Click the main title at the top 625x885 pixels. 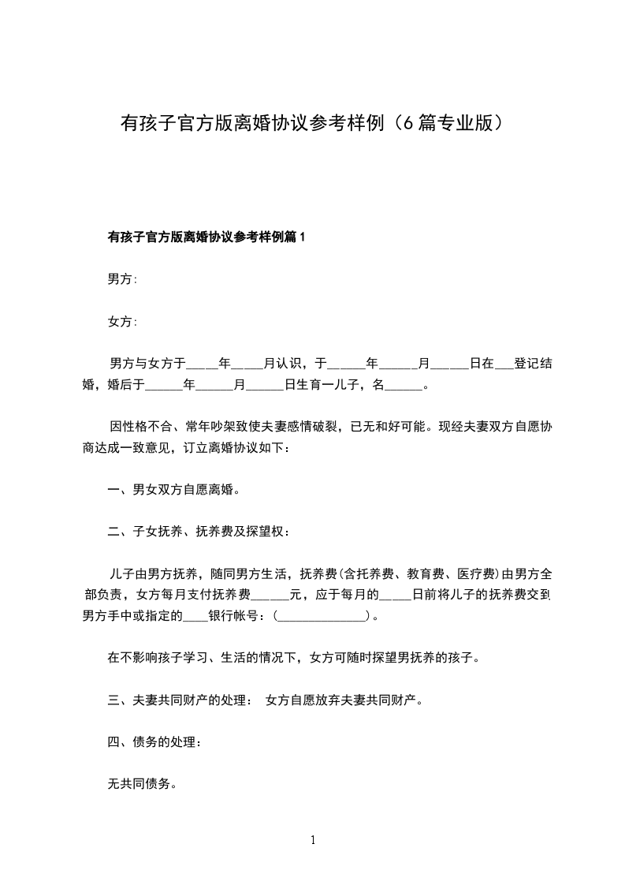pyautogui.click(x=312, y=123)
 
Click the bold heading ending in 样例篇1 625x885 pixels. pyautogui.click(x=205, y=237)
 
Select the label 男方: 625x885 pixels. pyautogui.click(x=122, y=279)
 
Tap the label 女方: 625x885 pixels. pyautogui.click(x=122, y=322)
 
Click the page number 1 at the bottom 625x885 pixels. pyautogui.click(x=313, y=840)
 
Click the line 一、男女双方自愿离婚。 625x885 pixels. pyautogui.click(x=173, y=490)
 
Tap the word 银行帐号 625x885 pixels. pyautogui.click(x=235, y=616)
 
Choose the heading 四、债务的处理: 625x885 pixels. pyautogui.click(x=154, y=742)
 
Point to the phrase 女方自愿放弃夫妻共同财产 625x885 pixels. pyautogui.click(x=344, y=700)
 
